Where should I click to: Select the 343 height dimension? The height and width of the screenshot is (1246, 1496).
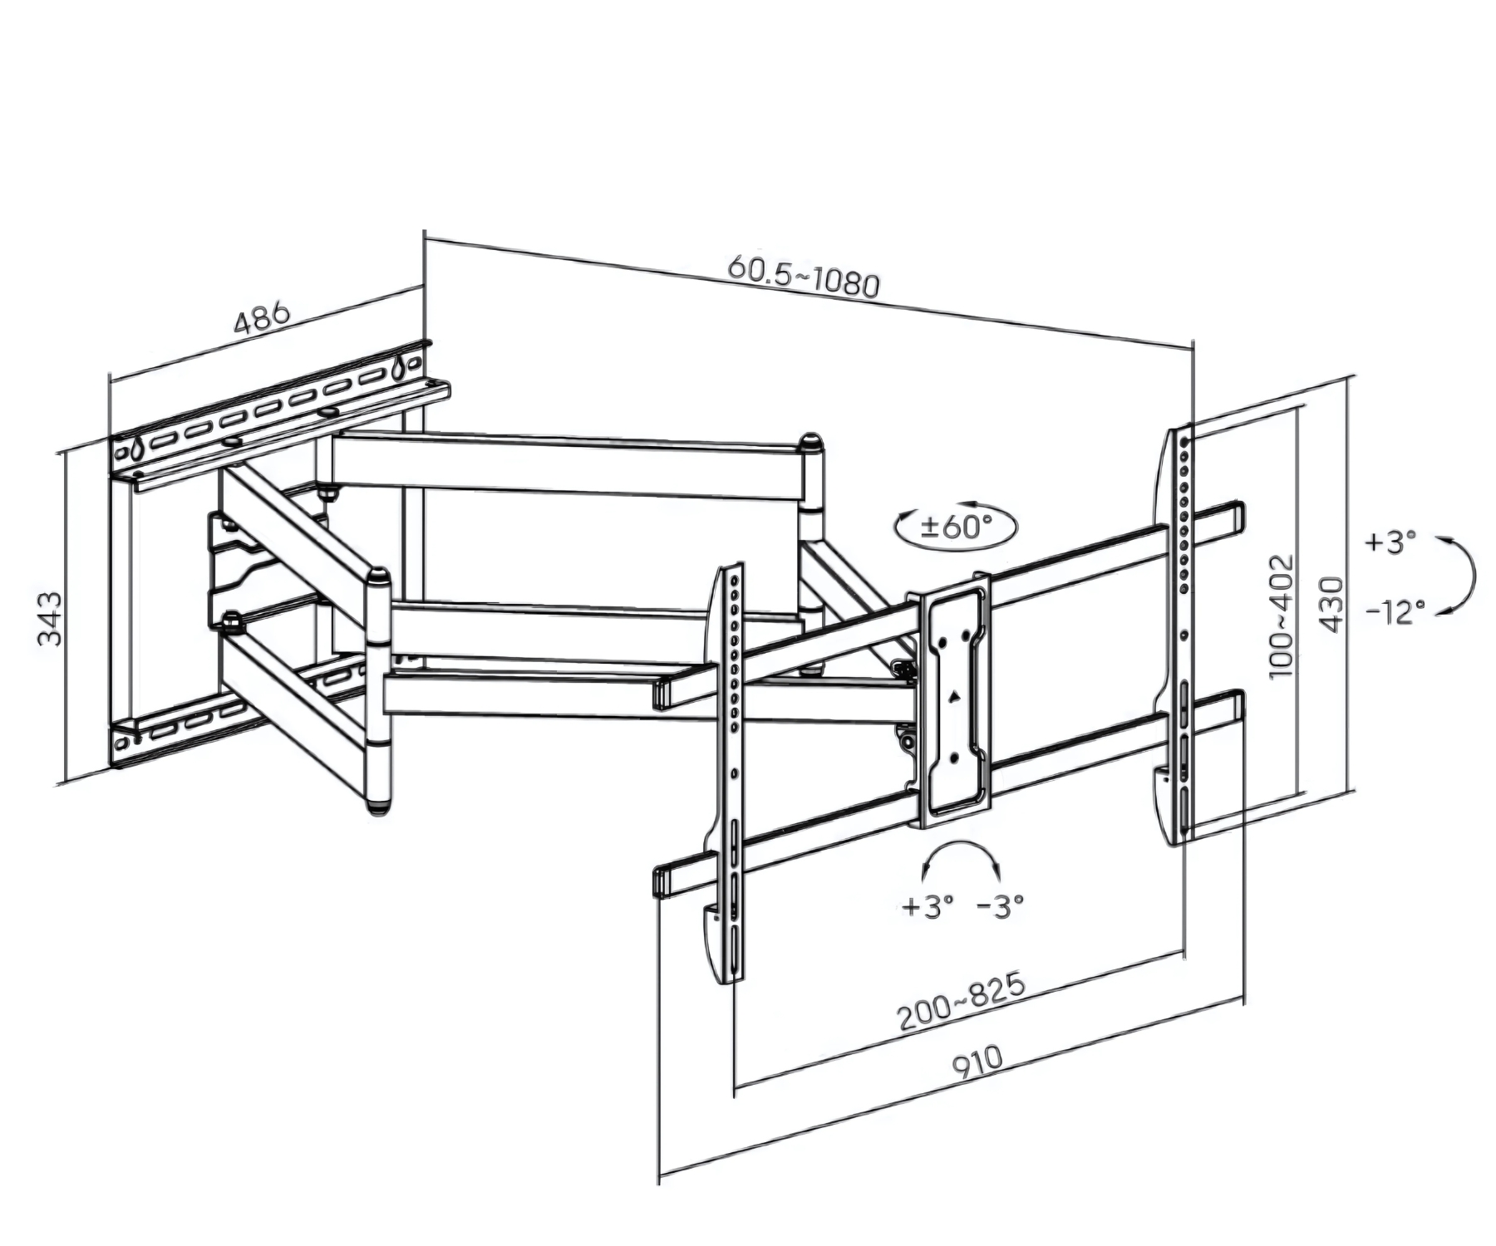coord(51,618)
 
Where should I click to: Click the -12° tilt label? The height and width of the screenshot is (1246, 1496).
coord(1396,613)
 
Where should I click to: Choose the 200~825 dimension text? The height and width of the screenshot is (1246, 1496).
coord(961,1002)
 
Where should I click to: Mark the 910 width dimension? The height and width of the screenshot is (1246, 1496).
coord(977,1063)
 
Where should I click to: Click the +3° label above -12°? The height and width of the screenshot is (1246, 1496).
coord(1390,542)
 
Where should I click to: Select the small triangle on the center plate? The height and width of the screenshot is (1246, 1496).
coord(956,696)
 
